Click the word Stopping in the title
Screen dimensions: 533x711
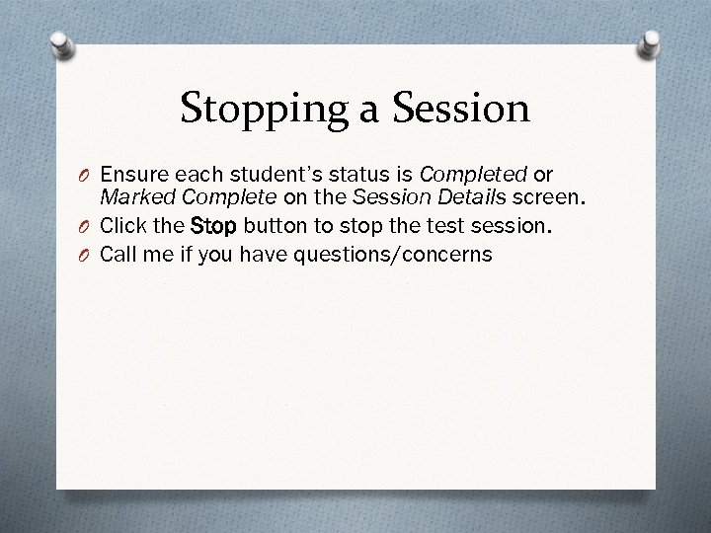[259, 108]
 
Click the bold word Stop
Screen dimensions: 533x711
[213, 226]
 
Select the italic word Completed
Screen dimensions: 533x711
[473, 175]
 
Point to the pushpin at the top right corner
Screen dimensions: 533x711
[652, 40]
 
